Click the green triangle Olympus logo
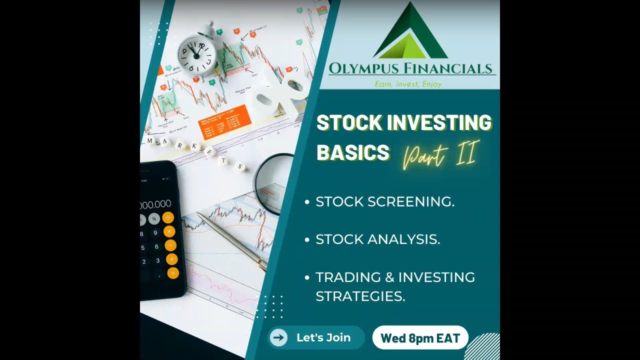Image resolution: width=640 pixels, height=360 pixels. coord(410,32)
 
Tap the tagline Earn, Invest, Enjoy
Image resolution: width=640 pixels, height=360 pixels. coord(408,84)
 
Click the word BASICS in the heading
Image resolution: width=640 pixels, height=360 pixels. coord(353,152)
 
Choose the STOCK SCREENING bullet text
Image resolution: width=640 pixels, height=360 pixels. coord(385,201)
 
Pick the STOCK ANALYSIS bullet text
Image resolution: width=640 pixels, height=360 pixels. coord(378,239)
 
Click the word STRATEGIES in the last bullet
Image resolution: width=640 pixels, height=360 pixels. coord(360,296)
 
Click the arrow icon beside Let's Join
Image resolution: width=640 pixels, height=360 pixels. coord(279,337)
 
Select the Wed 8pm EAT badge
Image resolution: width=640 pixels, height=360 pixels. coord(420,337)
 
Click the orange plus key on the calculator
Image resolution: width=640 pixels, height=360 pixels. coord(168,217)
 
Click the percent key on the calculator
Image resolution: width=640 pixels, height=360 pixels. coord(154,218)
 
